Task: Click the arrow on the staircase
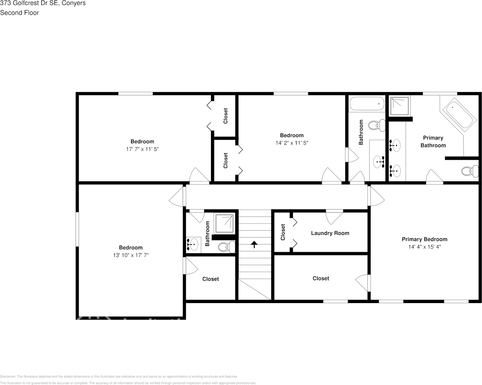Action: tap(254, 244)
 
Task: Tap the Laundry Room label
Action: tap(330, 233)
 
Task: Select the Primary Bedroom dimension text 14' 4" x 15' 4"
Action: tap(424, 247)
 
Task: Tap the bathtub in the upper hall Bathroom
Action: tap(366, 104)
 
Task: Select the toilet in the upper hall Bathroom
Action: tap(377, 125)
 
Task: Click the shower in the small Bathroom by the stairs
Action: tap(224, 224)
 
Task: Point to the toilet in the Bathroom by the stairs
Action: tap(226, 247)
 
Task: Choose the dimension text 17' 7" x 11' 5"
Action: tap(142, 149)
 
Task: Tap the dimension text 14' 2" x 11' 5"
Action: tap(291, 143)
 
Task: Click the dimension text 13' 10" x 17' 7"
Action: tap(131, 255)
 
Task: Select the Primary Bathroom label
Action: tap(433, 142)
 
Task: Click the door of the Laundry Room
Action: tap(335, 216)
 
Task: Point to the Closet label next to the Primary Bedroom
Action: tap(321, 278)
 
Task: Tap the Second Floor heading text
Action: tap(19, 13)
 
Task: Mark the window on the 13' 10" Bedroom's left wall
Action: tap(77, 229)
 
